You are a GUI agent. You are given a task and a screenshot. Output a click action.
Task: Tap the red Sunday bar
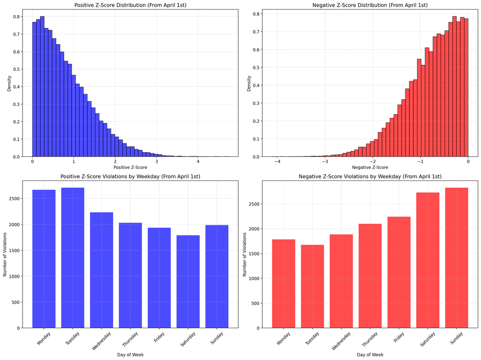[x=456, y=257]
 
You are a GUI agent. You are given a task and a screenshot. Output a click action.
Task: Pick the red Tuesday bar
[x=312, y=286]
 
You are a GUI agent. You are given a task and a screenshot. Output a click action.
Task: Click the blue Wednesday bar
[x=101, y=270]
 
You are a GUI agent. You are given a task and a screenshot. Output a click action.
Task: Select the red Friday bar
[x=399, y=272]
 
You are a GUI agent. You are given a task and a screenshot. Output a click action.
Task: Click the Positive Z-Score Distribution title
[x=130, y=5]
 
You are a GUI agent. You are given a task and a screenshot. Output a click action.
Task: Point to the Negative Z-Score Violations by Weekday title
[x=369, y=177]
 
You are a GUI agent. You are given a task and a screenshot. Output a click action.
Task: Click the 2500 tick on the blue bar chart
[x=19, y=198]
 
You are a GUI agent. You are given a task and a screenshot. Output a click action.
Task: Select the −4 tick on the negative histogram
[x=277, y=161]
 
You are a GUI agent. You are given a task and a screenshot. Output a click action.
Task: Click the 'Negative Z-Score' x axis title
[x=369, y=167]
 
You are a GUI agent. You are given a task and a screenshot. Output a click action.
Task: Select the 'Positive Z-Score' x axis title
[x=130, y=167]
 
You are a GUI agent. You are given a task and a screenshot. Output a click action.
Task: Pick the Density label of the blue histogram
[x=9, y=82]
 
